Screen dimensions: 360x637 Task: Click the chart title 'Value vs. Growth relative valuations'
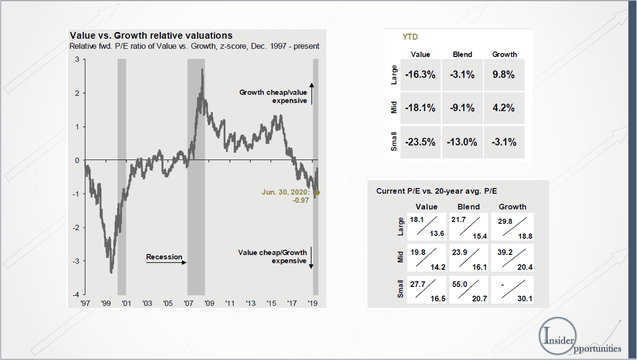[151, 36]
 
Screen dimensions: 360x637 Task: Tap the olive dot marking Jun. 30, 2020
[317, 193]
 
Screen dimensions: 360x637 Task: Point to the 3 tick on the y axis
[77, 59]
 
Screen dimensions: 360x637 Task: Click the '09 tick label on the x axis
[209, 304]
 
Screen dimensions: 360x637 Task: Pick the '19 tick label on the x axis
[313, 304]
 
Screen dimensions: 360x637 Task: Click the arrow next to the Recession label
[166, 262]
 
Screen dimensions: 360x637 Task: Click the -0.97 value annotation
[300, 201]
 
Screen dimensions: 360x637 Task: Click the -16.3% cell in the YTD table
[420, 74]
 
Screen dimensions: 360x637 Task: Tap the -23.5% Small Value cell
[420, 142]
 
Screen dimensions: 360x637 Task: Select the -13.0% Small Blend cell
[462, 142]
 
